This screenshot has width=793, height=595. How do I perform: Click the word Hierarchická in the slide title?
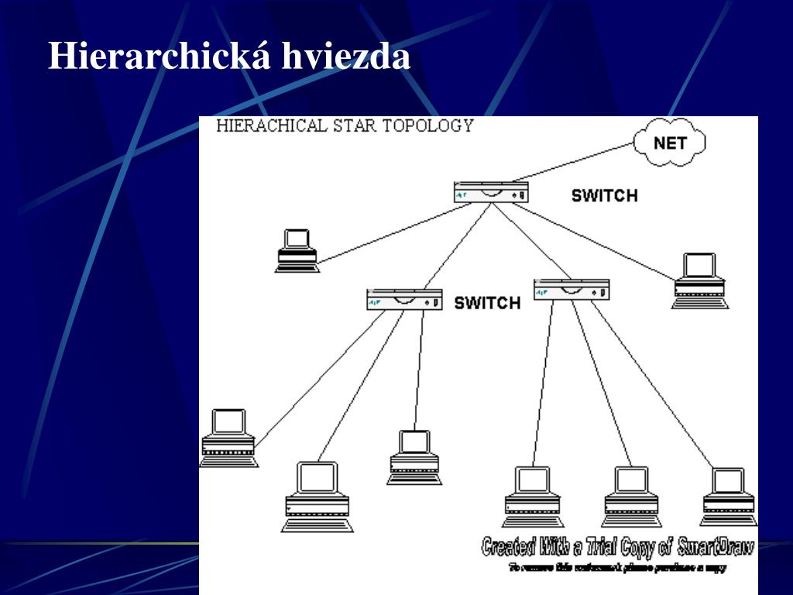pyautogui.click(x=159, y=57)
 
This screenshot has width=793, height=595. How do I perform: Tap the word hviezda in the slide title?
pyautogui.click(x=345, y=57)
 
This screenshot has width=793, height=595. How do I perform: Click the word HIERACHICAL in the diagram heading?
pyautogui.click(x=272, y=126)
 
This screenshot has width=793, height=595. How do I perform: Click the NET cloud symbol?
pyautogui.click(x=670, y=143)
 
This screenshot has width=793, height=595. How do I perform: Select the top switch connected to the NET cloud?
pyautogui.click(x=491, y=192)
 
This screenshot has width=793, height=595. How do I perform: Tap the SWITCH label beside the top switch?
pyautogui.click(x=604, y=195)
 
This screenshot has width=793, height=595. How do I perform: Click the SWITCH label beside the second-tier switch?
pyautogui.click(x=487, y=302)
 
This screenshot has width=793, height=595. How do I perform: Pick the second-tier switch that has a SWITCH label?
pyautogui.click(x=404, y=299)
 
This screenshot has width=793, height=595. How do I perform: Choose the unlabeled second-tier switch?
pyautogui.click(x=572, y=290)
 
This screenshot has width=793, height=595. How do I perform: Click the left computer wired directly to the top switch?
pyautogui.click(x=297, y=250)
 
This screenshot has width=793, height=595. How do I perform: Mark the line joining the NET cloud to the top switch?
pyautogui.click(x=573, y=162)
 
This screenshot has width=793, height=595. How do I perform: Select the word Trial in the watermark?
pyautogui.click(x=581, y=548)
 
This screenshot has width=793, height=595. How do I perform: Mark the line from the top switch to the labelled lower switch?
pyautogui.click(x=457, y=246)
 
